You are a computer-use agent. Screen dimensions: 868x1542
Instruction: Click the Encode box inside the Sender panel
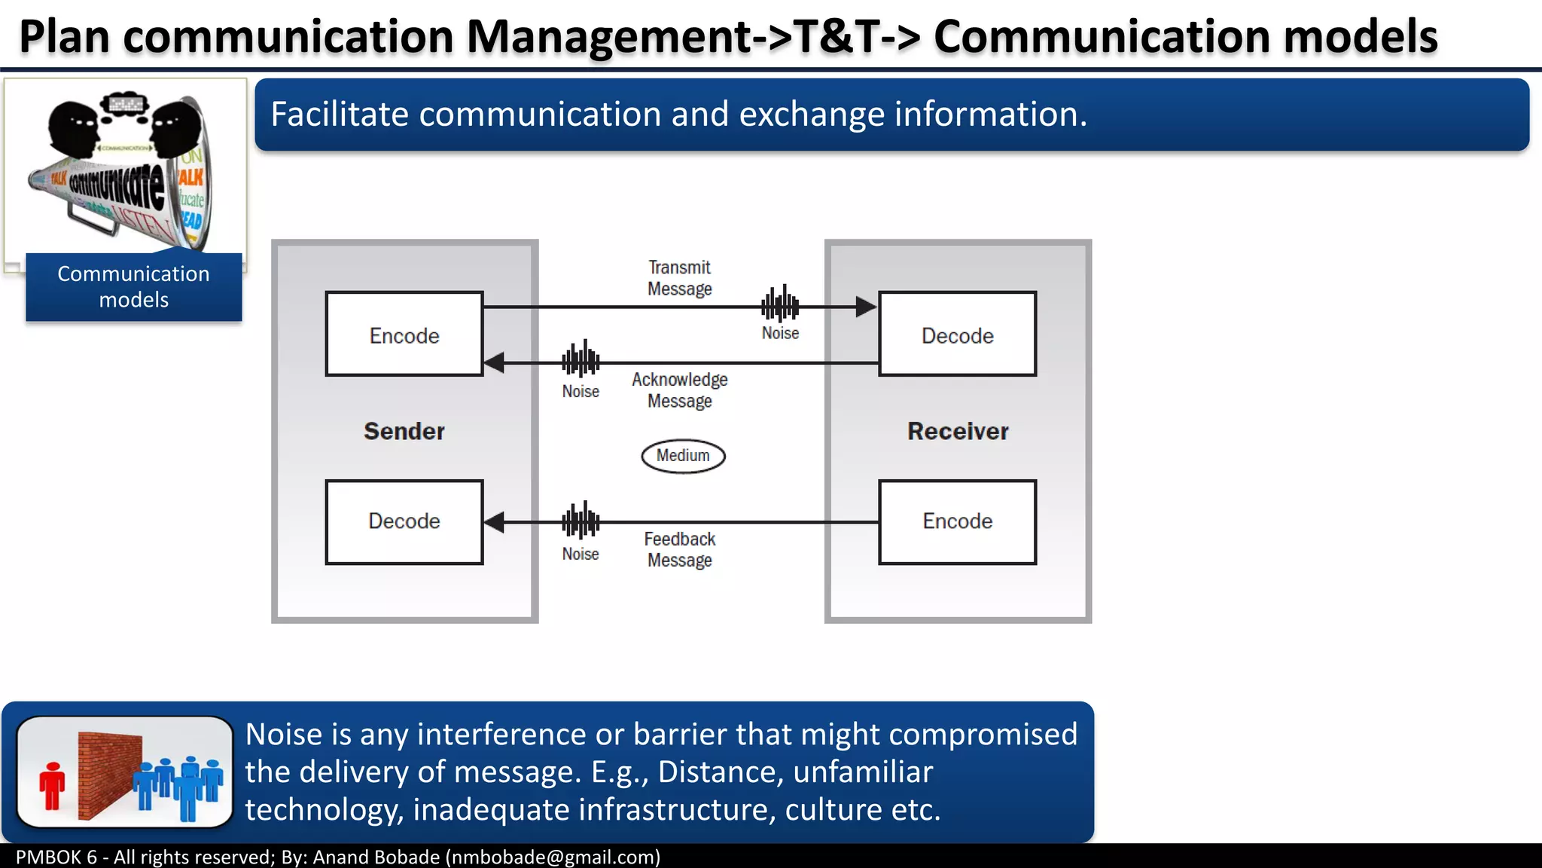point(404,334)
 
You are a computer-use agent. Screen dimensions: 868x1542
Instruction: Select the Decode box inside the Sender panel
point(404,521)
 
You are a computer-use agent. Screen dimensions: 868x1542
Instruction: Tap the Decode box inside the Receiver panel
point(957,334)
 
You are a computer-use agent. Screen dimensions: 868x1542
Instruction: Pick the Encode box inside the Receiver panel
point(957,521)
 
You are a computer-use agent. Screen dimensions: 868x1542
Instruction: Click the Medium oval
point(683,456)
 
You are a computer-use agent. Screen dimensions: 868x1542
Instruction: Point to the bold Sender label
point(404,431)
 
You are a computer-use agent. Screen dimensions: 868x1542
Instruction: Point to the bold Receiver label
point(957,431)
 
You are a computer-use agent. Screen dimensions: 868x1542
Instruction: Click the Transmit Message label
point(679,278)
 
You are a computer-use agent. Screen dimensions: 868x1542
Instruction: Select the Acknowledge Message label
point(679,390)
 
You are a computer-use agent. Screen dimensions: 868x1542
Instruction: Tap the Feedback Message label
point(679,549)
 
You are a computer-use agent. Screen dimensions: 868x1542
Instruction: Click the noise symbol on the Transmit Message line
point(780,304)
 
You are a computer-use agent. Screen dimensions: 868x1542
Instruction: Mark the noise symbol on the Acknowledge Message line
point(581,359)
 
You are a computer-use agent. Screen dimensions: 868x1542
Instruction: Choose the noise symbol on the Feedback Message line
point(581,521)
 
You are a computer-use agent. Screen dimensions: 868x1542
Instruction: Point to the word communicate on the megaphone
point(117,185)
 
